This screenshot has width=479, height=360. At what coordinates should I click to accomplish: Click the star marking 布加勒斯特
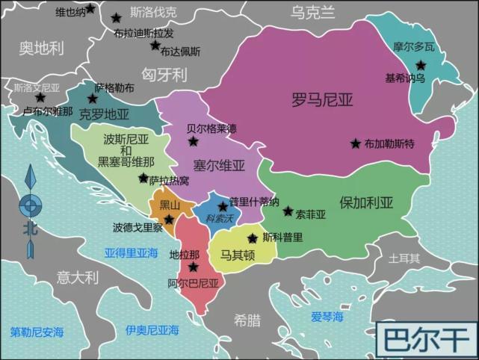pyautogui.click(x=355, y=143)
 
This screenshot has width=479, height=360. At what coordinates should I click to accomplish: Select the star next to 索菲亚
pyautogui.click(x=288, y=211)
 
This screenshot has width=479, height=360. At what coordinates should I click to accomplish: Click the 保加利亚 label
pyautogui.click(x=366, y=202)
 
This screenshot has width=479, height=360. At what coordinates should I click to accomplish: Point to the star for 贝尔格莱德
pyautogui.click(x=194, y=141)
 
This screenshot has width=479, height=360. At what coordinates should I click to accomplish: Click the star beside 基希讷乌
pyautogui.click(x=421, y=65)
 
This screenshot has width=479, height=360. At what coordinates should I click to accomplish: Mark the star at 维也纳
pyautogui.click(x=90, y=9)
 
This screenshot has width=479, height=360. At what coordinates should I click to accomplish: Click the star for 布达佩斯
pyautogui.click(x=155, y=46)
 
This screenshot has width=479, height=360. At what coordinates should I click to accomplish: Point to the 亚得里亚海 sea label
pyautogui.click(x=132, y=252)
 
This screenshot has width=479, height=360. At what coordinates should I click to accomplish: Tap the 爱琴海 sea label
pyautogui.click(x=327, y=317)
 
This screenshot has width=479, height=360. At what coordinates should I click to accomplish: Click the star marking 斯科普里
pyautogui.click(x=252, y=238)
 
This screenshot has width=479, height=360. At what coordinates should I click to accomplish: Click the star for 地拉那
pyautogui.click(x=194, y=267)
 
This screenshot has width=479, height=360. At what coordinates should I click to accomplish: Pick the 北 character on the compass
pyautogui.click(x=29, y=229)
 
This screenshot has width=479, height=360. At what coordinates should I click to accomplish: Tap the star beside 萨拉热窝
pyautogui.click(x=143, y=178)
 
